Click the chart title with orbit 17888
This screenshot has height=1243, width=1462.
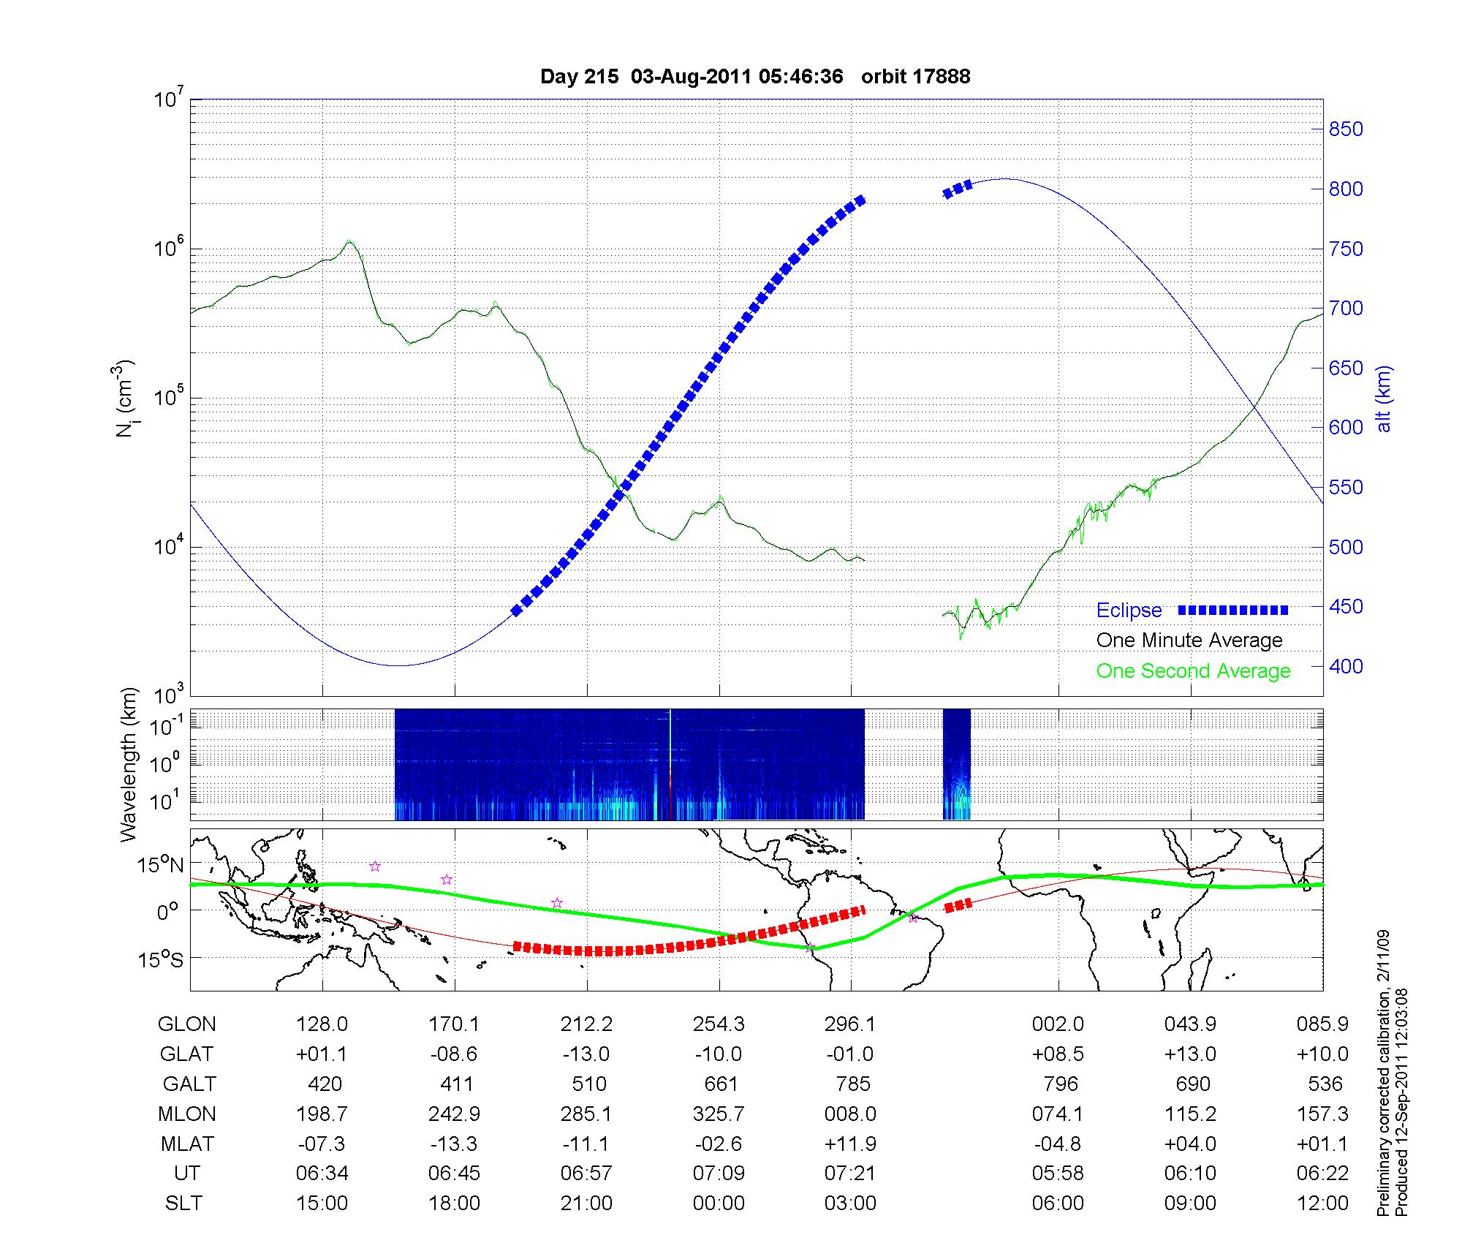coord(755,77)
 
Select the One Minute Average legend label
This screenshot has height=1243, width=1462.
coord(1189,641)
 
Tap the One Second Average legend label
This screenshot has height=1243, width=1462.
coord(1193,671)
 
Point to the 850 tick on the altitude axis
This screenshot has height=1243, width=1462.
coord(1346,129)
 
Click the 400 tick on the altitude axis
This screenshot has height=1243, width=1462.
coord(1346,667)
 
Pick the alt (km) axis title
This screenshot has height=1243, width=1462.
coord(1384,398)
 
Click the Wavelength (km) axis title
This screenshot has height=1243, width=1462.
coord(129,765)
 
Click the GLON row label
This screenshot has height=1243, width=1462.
coord(186,1024)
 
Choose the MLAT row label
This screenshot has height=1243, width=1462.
coord(186,1144)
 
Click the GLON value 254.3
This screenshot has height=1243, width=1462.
coord(719,1024)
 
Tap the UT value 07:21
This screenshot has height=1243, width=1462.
coord(850,1174)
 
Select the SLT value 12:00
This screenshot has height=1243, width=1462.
coord(1322,1204)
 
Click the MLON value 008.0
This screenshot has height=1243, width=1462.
coord(850,1114)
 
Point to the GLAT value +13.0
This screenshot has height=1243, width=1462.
coord(1190,1054)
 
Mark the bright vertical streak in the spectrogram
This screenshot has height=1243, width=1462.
coord(670,765)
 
